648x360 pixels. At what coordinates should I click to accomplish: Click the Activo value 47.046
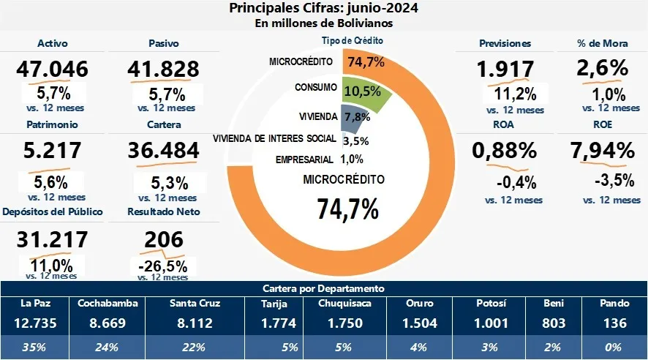pyautogui.click(x=50, y=70)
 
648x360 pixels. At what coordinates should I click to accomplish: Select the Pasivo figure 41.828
pyautogui.click(x=162, y=70)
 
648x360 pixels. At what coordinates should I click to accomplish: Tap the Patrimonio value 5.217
pyautogui.click(x=50, y=151)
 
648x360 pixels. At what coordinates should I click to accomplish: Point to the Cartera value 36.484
pyautogui.click(x=162, y=151)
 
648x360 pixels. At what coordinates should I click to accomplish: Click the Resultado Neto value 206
pyautogui.click(x=162, y=239)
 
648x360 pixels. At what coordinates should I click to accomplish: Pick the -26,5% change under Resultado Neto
pyautogui.click(x=162, y=264)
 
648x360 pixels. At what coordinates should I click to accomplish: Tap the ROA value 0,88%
pyautogui.click(x=505, y=151)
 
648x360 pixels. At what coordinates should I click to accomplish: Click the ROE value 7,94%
pyautogui.click(x=602, y=151)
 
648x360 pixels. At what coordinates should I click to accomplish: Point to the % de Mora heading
pyautogui.click(x=602, y=44)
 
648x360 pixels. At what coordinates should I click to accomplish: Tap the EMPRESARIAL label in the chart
pyautogui.click(x=305, y=160)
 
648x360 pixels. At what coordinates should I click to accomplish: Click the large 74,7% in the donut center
pyautogui.click(x=347, y=208)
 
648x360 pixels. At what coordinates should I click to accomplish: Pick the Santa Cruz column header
pyautogui.click(x=195, y=303)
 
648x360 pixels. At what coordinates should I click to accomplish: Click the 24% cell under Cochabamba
pyautogui.click(x=108, y=347)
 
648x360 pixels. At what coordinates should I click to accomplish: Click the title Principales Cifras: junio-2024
pyautogui.click(x=324, y=9)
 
